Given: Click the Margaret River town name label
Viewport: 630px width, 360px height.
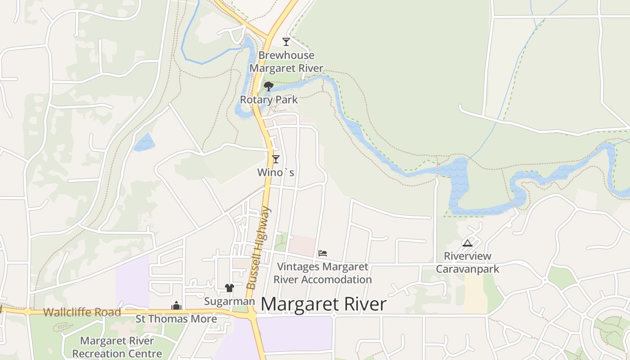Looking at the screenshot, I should click(323, 305).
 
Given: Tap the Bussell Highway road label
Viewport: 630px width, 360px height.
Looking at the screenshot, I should click(259, 247).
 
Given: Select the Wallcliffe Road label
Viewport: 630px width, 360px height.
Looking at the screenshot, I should click(82, 312).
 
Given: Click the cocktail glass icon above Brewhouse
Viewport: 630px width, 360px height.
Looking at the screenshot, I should click(286, 42).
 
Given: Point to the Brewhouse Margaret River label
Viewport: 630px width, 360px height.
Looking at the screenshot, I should click(286, 62).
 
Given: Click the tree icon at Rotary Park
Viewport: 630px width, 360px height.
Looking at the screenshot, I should click(269, 86).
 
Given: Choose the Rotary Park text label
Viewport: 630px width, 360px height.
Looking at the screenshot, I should click(269, 100).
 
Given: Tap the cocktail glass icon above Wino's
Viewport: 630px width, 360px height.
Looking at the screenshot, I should click(276, 159).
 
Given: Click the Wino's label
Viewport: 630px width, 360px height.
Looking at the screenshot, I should click(276, 172).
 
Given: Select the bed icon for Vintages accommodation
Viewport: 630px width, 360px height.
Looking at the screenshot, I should click(323, 253).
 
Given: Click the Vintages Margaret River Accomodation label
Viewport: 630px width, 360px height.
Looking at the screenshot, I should click(323, 273).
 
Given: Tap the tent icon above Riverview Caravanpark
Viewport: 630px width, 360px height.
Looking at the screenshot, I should click(468, 243).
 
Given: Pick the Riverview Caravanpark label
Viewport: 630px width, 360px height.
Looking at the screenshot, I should click(468, 263).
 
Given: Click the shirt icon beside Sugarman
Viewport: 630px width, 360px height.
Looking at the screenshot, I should click(229, 288).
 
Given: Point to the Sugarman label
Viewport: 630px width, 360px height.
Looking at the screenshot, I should click(229, 301).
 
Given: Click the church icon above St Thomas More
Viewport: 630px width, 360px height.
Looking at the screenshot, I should click(176, 306).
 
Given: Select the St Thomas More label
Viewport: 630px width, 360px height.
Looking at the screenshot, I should click(176, 319).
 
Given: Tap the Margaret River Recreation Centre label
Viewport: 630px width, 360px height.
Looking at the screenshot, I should click(117, 347).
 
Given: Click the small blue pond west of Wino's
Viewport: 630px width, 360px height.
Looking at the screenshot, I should click(144, 142).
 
